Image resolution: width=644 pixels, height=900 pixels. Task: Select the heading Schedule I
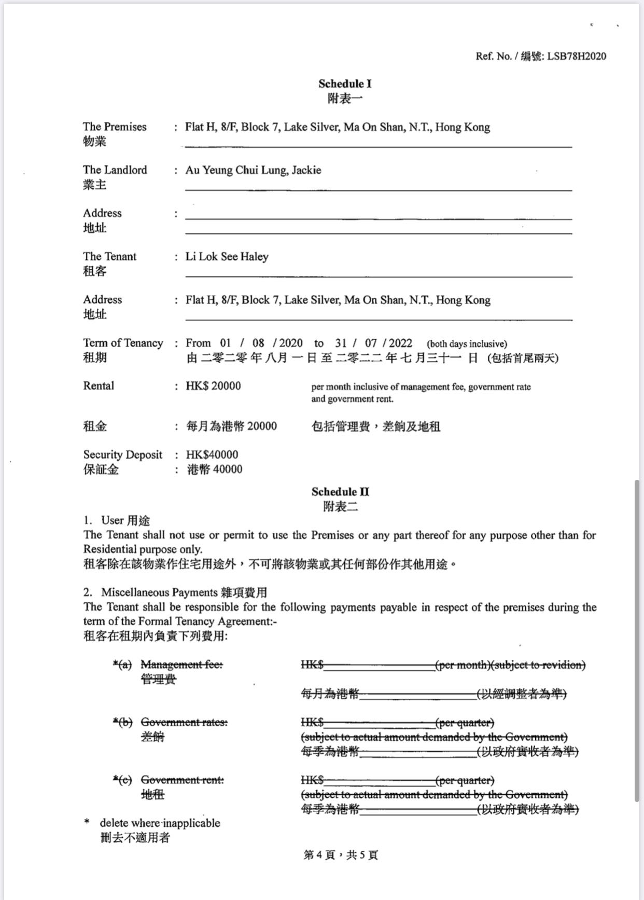pyautogui.click(x=345, y=84)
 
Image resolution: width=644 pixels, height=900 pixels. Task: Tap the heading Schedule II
pyautogui.click(x=340, y=492)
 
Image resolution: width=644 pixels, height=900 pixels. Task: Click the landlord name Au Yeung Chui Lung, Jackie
pyautogui.click(x=254, y=170)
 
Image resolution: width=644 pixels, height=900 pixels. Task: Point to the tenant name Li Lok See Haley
pyautogui.click(x=227, y=257)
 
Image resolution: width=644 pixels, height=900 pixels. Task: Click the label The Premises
pyautogui.click(x=115, y=127)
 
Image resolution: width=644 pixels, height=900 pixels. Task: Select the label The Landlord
pyautogui.click(x=115, y=170)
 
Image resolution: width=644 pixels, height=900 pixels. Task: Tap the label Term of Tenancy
pyautogui.click(x=123, y=343)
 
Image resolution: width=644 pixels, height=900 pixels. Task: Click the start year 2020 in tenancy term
pyautogui.click(x=290, y=343)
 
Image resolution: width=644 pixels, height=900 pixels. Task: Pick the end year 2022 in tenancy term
pyautogui.click(x=400, y=343)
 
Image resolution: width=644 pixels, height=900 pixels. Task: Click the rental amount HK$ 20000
pyautogui.click(x=213, y=386)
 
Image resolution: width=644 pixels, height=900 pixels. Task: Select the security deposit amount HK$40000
pyautogui.click(x=212, y=455)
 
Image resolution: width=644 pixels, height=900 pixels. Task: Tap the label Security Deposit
pyautogui.click(x=123, y=455)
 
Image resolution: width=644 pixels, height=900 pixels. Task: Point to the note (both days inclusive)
pyautogui.click(x=467, y=344)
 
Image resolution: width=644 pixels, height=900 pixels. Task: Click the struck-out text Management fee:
pyautogui.click(x=181, y=664)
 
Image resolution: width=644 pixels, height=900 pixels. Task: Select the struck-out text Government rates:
pyautogui.click(x=184, y=722)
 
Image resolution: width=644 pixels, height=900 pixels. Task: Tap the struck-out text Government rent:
pyautogui.click(x=183, y=780)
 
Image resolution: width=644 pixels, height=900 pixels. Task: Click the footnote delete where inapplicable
pyautogui.click(x=160, y=823)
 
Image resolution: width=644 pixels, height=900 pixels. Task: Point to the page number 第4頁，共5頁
pyautogui.click(x=341, y=855)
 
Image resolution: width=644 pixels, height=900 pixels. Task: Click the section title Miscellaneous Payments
pyautogui.click(x=159, y=592)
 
